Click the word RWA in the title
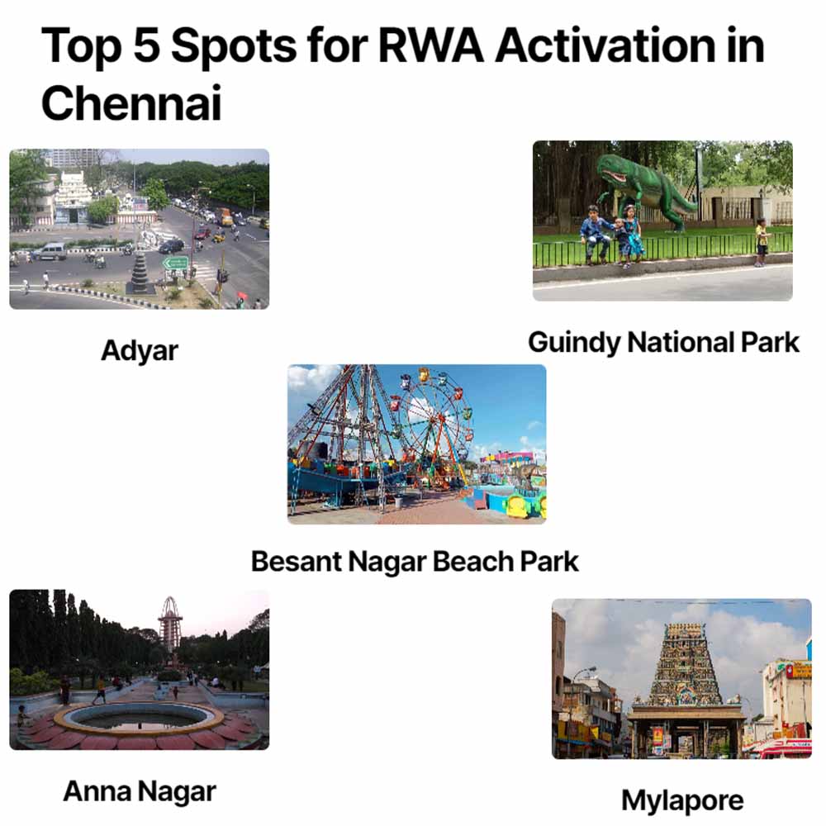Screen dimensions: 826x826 (x=433, y=47)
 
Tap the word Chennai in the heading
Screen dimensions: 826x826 (x=131, y=104)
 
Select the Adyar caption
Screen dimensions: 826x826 (x=139, y=351)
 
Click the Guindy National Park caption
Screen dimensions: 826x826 (x=663, y=342)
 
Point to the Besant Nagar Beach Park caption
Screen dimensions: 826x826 (x=415, y=562)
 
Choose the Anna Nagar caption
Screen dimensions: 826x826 (x=139, y=791)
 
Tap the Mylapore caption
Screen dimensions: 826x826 (x=681, y=800)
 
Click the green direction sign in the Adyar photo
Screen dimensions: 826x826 (x=175, y=263)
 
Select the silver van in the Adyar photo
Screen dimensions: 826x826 (x=50, y=251)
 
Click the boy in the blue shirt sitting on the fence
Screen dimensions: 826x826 (x=593, y=230)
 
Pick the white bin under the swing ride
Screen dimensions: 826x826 (x=400, y=501)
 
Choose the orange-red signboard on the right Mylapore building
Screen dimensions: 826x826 (x=797, y=670)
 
